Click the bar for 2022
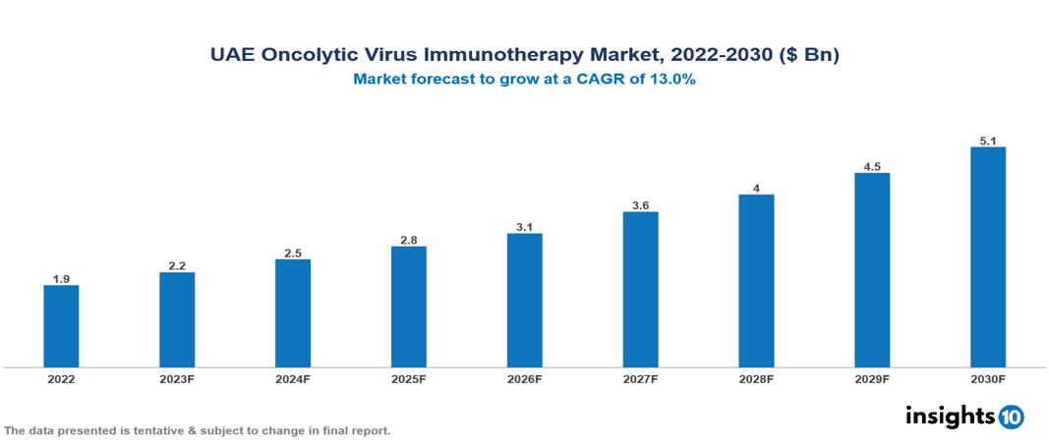61,326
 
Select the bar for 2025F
408,307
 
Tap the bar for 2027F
640,290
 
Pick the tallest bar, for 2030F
987,257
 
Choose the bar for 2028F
756,281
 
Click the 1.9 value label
61,279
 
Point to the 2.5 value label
293,253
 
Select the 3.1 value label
524,227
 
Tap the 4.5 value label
872,167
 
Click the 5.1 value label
987,140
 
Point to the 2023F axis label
177,379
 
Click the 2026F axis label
524,379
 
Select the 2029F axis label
872,379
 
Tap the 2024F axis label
293,379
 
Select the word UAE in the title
233,56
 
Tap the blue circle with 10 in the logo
1011,417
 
